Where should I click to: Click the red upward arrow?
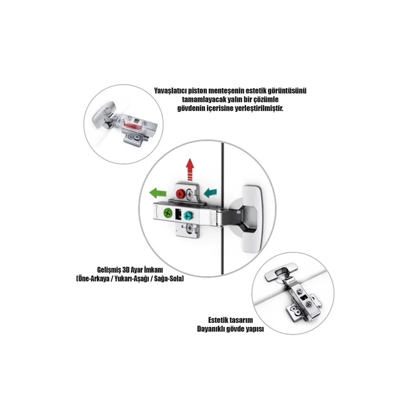click(x=190, y=169)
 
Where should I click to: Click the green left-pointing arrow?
click(x=158, y=193)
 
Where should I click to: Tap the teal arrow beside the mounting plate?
click(x=210, y=193)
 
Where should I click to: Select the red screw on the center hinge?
click(x=180, y=194)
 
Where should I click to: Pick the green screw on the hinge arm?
click(x=168, y=213)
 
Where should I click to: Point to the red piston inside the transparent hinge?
click(x=132, y=126)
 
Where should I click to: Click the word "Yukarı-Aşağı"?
click(x=133, y=279)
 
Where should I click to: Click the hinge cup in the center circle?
click(x=250, y=219)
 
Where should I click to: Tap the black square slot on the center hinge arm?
click(x=178, y=214)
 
